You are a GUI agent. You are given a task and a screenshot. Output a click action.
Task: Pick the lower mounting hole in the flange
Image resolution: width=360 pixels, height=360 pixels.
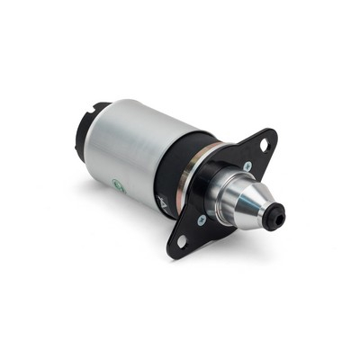pos(180,241)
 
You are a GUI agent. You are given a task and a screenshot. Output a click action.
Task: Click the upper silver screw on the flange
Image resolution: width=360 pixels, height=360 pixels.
pos(247,166)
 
